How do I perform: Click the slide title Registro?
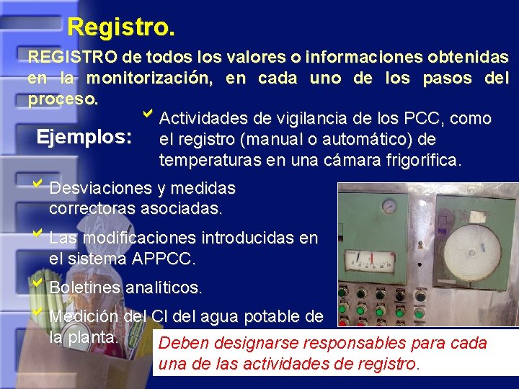(x=120, y=27)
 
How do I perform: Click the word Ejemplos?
(x=84, y=135)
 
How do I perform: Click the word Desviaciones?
(x=100, y=189)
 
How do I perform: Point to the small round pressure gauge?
(x=390, y=205)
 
